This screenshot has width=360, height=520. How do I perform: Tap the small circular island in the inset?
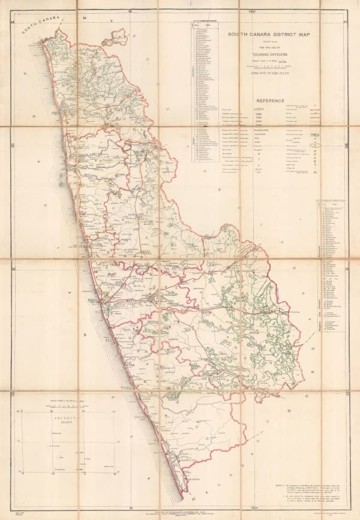point(59,457)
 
